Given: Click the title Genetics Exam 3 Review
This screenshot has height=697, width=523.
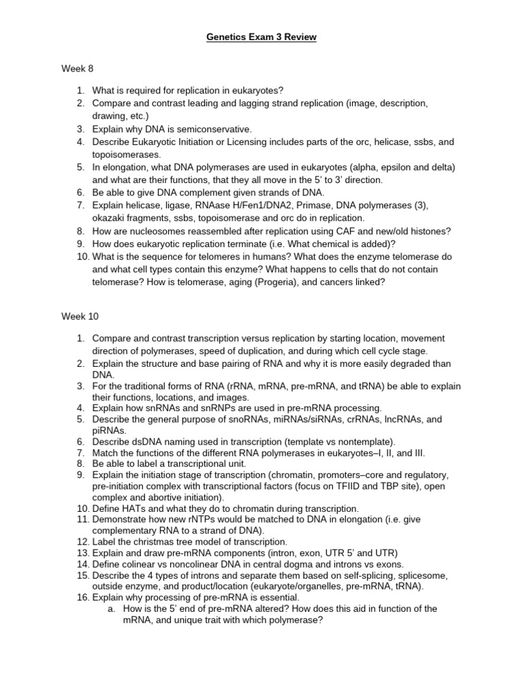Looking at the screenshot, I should pyautogui.click(x=261, y=37).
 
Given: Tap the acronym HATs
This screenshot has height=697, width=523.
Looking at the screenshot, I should pyautogui.click(x=132, y=508).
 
